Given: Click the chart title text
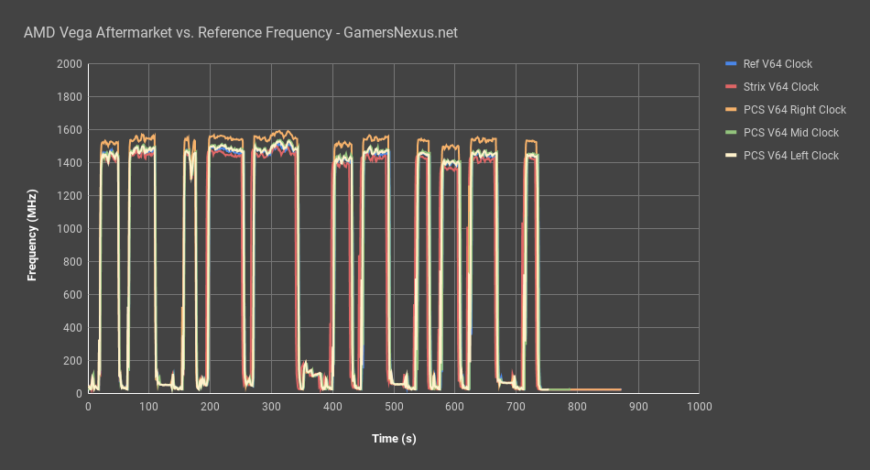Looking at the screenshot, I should tap(240, 33).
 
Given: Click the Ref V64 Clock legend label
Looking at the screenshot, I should tap(778, 64).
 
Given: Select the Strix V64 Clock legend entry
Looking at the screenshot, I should tap(780, 87).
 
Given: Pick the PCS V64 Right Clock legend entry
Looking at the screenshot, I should tap(794, 110).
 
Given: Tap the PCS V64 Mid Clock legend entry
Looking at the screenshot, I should tap(790, 133).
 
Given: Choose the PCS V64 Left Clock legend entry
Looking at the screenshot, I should tap(790, 156).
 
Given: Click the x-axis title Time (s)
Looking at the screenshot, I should tap(394, 439).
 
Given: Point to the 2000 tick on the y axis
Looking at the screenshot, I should tap(69, 64).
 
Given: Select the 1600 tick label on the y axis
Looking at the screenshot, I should tap(69, 130).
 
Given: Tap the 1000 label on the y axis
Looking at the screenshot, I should tap(69, 229).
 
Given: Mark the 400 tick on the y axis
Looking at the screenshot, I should tap(71, 328).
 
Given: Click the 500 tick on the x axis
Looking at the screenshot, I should tap(394, 406).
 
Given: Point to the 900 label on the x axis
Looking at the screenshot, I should tap(638, 406).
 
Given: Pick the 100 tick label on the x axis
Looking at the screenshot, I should tap(149, 406).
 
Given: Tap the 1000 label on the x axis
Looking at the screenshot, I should tap(699, 406).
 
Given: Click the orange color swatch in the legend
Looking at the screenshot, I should tap(730, 110).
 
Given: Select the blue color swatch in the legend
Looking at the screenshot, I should tap(730, 64).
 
